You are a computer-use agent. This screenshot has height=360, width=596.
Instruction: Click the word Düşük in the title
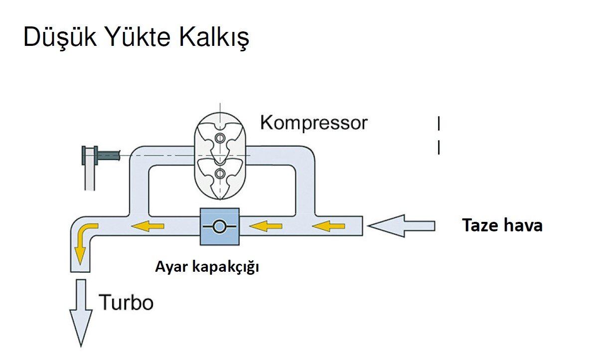click(56, 38)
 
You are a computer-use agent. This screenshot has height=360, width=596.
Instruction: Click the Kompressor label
click(313, 122)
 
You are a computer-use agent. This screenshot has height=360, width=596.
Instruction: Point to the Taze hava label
click(502, 225)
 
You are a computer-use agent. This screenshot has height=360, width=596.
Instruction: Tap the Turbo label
click(127, 302)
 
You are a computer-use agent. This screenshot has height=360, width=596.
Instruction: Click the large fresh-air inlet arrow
click(401, 226)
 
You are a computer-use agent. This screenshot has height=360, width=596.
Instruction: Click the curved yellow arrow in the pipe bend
click(82, 241)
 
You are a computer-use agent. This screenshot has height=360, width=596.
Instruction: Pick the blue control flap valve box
click(219, 226)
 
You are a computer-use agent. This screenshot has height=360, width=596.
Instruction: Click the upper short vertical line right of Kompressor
click(439, 123)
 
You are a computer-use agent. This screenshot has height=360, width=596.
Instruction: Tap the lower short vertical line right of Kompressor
click(439, 147)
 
